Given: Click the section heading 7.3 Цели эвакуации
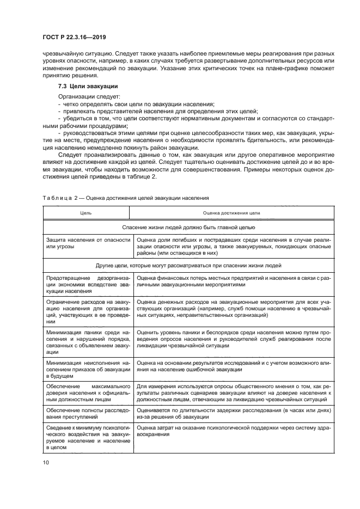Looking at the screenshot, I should click(88, 87).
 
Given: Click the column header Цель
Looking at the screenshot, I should click(86, 214).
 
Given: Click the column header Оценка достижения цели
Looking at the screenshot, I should click(231, 214).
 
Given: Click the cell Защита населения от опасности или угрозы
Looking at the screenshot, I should click(88, 243).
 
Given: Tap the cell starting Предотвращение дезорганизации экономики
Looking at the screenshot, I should click(88, 284).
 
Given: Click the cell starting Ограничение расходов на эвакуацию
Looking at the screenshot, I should click(88, 311).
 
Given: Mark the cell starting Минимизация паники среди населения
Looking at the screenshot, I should click(88, 341).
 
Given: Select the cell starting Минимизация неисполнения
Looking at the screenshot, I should click(88, 369).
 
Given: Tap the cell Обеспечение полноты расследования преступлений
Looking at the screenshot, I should click(88, 413).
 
